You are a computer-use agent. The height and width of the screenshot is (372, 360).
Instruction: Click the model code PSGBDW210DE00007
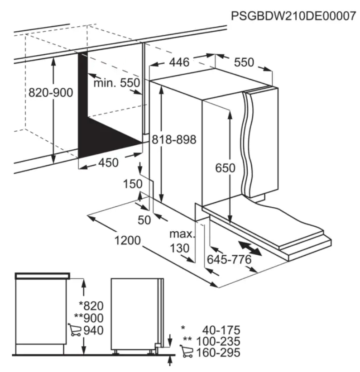[x=293, y=16]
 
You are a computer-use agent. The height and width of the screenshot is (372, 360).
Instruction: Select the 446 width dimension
[x=179, y=62]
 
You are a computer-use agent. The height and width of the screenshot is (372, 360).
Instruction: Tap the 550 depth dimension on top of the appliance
[x=244, y=62]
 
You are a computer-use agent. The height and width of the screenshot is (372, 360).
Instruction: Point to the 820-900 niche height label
[x=51, y=92]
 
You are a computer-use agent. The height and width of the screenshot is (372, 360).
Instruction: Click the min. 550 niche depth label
[x=117, y=83]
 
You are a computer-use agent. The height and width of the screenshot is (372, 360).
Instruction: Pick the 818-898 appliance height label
[x=174, y=139]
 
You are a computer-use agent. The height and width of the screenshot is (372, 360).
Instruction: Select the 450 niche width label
[x=108, y=163]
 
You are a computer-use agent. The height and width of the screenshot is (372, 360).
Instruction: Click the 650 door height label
[x=225, y=168]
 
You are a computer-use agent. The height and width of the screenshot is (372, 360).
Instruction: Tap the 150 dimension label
[x=133, y=184]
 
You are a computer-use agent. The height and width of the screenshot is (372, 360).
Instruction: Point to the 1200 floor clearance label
[x=128, y=240]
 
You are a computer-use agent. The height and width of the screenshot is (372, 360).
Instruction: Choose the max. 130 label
[x=182, y=241]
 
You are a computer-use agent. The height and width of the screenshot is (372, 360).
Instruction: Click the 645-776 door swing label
[x=229, y=259]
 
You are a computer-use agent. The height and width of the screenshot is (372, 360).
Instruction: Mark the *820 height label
[x=91, y=306]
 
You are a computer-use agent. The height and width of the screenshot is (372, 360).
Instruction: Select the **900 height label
[x=89, y=318]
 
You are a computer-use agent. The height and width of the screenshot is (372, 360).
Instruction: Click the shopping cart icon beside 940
[x=74, y=329]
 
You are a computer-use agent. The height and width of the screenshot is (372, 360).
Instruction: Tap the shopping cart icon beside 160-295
[x=187, y=351]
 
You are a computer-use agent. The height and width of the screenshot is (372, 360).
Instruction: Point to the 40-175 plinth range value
[x=221, y=330]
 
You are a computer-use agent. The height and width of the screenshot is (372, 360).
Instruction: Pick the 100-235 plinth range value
[x=218, y=341]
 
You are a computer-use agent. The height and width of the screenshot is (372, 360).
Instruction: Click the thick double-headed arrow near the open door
[x=250, y=248]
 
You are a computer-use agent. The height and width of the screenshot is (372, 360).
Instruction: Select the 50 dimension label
[x=144, y=220]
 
